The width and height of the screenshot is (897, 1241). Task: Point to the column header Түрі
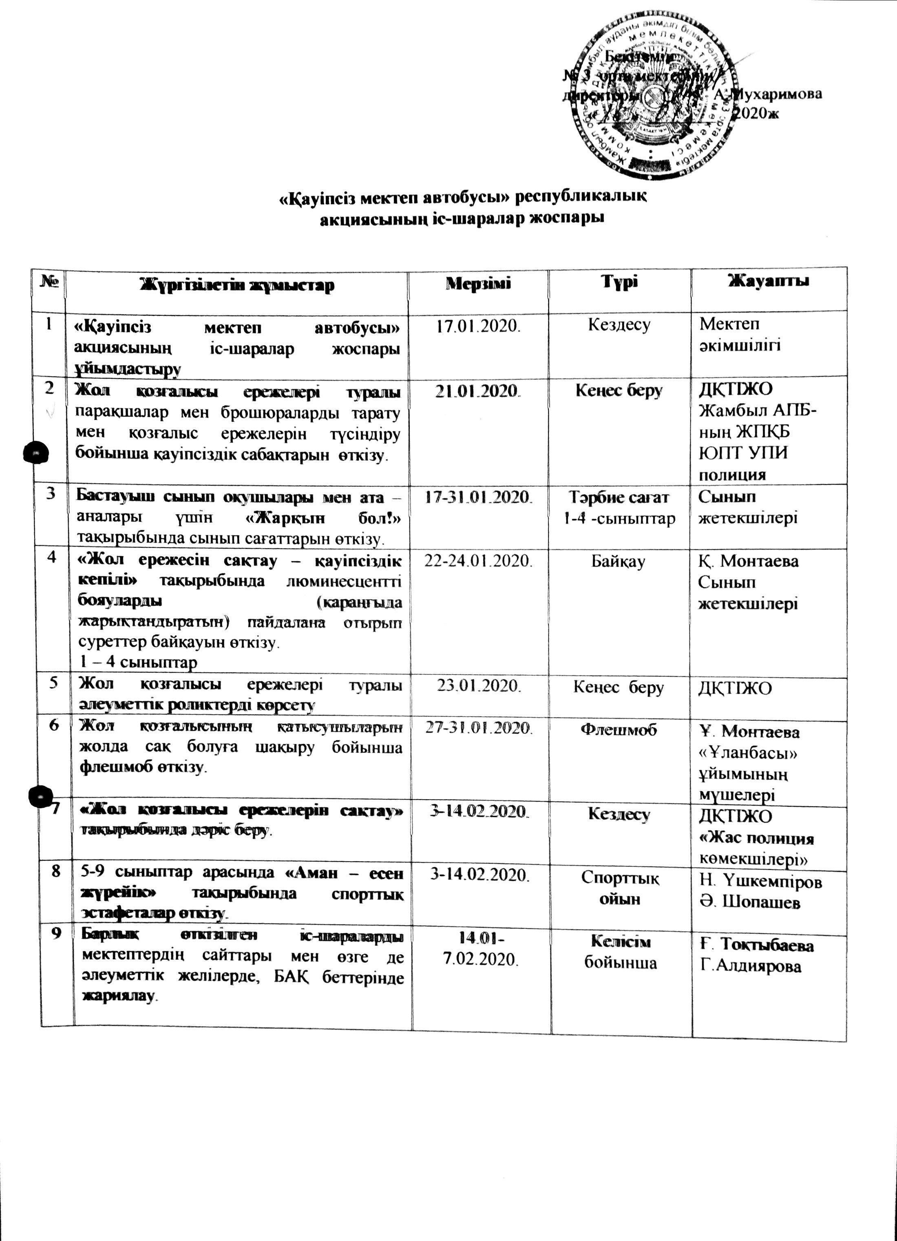[x=619, y=283]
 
